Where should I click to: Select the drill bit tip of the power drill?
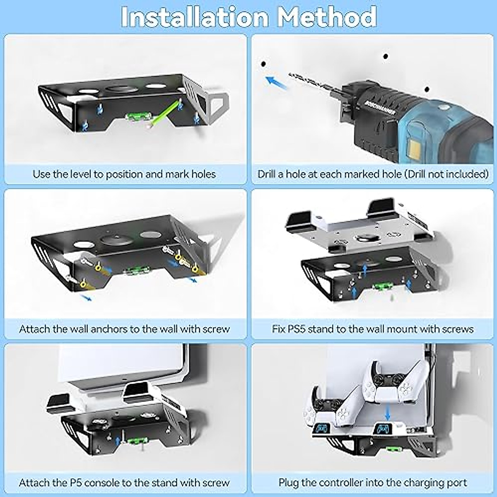point(290,75)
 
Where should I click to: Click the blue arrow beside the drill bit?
point(276,81)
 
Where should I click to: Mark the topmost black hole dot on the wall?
point(386,56)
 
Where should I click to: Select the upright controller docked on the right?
point(387,383)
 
